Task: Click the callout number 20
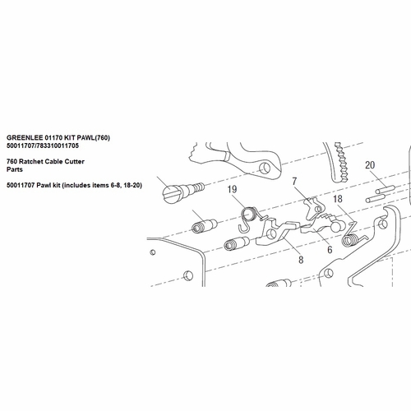coord(370,165)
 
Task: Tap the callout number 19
coord(232,191)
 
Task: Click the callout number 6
coord(329,249)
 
